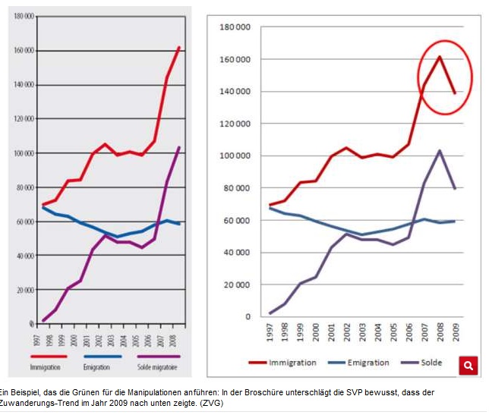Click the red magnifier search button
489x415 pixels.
coord(468,366)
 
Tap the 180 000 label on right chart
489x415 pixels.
coord(235,27)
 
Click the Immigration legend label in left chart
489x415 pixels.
coord(46,366)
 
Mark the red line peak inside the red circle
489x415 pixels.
coord(439,57)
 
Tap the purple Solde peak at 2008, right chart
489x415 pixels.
coord(439,150)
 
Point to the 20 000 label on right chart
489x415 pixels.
coord(237,285)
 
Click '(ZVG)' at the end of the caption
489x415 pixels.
coord(213,404)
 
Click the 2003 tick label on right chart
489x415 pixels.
coord(364,332)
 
